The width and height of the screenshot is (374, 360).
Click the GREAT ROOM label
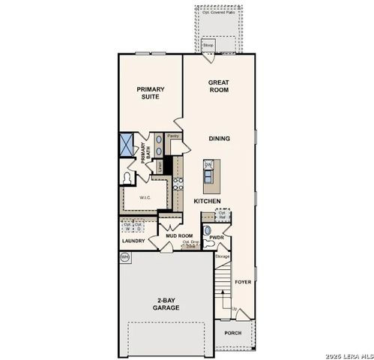click(219, 86)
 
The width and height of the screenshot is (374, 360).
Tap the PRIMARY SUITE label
click(149, 92)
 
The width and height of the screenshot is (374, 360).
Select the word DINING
click(220, 138)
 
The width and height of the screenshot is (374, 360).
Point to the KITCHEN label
click(206, 202)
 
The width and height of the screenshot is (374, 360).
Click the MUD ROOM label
click(180, 235)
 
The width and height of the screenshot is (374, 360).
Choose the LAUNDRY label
click(133, 241)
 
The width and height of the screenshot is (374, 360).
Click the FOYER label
click(243, 282)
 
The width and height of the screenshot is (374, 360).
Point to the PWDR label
click(217, 238)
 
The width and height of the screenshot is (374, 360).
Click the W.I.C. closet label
click(145, 197)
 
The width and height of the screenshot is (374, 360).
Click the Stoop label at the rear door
click(209, 44)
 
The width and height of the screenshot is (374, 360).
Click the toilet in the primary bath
click(128, 178)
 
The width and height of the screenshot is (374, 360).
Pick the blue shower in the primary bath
click(126, 145)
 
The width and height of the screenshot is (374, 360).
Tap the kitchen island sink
click(209, 165)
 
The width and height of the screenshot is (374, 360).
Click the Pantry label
click(172, 136)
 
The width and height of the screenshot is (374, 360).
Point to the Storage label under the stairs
click(223, 256)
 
